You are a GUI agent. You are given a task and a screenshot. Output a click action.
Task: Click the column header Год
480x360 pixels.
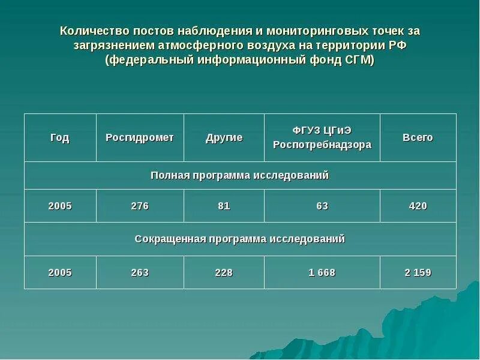[x=60, y=137]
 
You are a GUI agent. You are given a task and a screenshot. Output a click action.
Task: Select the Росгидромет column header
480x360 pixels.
[x=140, y=137]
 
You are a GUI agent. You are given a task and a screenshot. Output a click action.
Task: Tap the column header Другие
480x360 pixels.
[x=224, y=137]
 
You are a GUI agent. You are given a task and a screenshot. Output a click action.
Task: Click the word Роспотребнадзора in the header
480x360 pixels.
[x=322, y=145]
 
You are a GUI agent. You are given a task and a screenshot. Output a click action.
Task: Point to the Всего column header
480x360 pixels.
[x=418, y=137]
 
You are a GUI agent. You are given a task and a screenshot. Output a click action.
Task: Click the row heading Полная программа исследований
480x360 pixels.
[x=240, y=175]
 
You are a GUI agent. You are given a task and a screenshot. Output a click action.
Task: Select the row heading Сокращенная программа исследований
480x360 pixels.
[x=240, y=239]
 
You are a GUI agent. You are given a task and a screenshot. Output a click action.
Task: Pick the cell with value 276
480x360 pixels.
[x=140, y=206]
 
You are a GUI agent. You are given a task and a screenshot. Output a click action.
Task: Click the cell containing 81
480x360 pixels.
[x=224, y=206]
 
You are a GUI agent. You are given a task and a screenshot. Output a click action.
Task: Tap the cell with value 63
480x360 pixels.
[x=322, y=206]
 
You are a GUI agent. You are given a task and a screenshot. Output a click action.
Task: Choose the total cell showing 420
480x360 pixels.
[x=418, y=206]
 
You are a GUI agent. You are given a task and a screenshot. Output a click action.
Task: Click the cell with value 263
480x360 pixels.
[x=140, y=272]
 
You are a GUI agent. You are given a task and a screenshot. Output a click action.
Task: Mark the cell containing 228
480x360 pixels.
[x=224, y=272]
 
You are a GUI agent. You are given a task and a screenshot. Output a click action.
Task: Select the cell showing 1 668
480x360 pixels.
[x=322, y=272]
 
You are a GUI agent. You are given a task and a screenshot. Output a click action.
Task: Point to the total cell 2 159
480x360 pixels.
[x=418, y=272]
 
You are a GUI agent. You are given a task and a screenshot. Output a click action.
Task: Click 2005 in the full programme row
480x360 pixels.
[x=60, y=206]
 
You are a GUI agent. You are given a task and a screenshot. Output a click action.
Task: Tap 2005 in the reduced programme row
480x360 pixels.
[x=60, y=272]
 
